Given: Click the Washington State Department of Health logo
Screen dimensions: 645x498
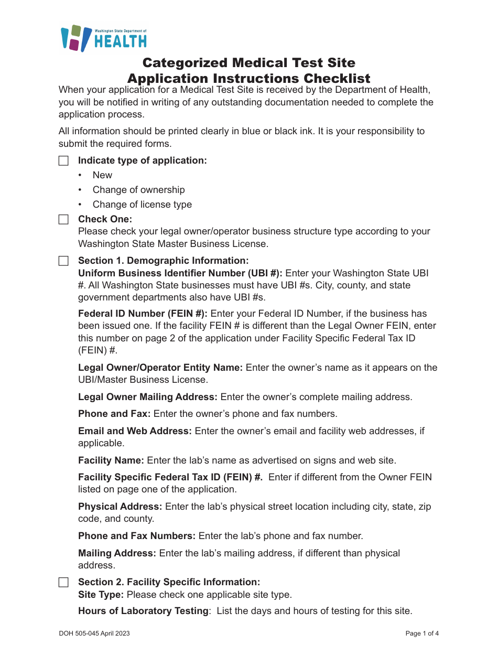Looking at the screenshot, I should [x=103, y=38].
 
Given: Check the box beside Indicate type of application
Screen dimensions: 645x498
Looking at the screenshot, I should [x=63, y=160].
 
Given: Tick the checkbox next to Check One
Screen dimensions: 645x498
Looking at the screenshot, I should [x=63, y=219].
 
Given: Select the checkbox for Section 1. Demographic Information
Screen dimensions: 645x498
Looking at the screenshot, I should [x=63, y=261].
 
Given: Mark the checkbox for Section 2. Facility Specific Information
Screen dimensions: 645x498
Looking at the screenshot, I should [x=63, y=582].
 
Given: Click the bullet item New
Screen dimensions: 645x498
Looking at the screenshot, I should [x=102, y=175].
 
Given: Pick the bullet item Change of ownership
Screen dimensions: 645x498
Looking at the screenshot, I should [x=138, y=190].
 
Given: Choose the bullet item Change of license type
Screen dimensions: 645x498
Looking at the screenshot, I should [x=142, y=205].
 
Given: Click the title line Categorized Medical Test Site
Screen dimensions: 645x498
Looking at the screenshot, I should [x=249, y=63].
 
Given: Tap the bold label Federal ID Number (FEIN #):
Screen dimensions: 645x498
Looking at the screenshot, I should [x=143, y=314].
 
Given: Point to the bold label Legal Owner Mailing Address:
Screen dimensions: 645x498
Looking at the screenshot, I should [x=148, y=397].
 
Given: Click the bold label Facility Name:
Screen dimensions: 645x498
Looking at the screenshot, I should [x=111, y=460].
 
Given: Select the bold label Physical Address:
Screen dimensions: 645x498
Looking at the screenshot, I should [x=120, y=507].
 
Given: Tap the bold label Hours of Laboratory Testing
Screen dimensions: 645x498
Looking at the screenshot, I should [x=143, y=611].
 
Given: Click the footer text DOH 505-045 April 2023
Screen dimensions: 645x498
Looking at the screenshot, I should [x=94, y=633].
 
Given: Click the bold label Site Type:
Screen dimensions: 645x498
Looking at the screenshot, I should [x=101, y=595].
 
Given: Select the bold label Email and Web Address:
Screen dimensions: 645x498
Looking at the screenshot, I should [x=135, y=431].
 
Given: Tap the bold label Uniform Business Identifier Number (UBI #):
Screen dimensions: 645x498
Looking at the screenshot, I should [x=180, y=273].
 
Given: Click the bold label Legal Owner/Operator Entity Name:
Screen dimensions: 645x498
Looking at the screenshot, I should [x=160, y=368].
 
